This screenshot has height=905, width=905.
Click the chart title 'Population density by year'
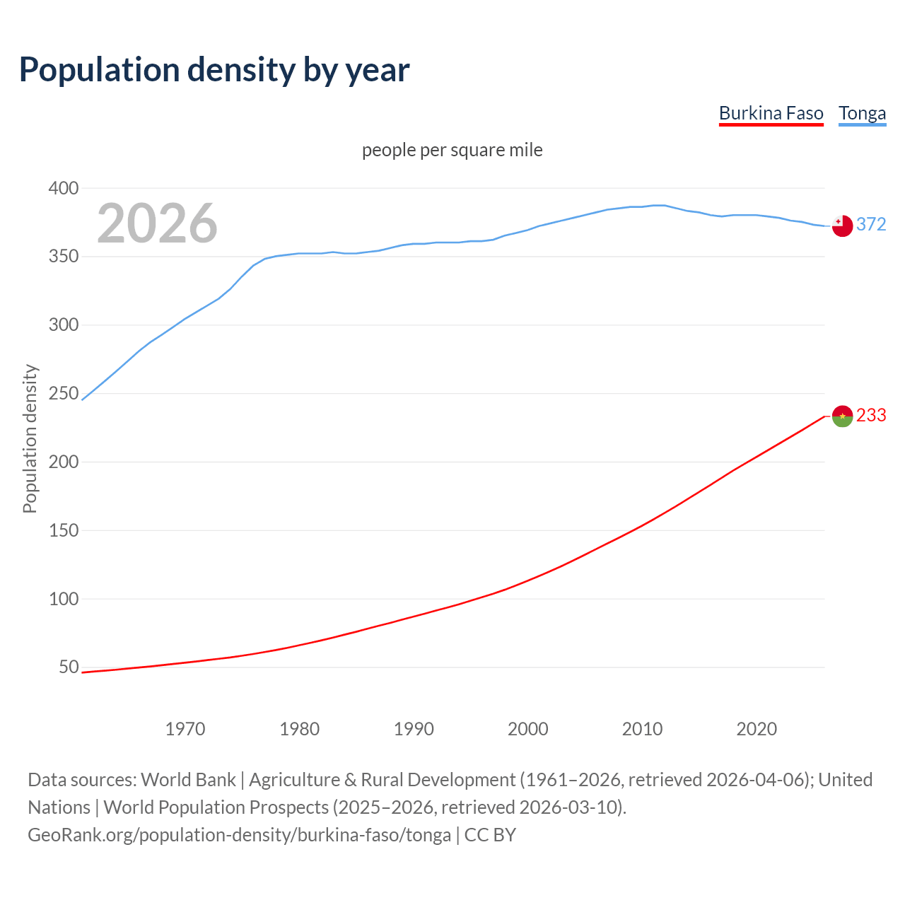click(214, 69)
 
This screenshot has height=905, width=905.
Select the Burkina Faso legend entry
click(771, 113)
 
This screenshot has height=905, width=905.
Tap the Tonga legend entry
click(862, 113)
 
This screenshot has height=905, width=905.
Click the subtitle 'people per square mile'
click(452, 150)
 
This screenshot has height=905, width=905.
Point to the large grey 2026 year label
click(157, 223)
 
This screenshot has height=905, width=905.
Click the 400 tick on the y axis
click(63, 188)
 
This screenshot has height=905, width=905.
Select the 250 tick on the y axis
click(63, 393)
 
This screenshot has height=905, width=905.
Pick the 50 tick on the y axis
click(68, 667)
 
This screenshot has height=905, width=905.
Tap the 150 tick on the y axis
click(63, 530)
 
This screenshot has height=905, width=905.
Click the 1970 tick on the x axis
click(185, 729)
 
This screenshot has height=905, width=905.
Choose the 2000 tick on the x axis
click(528, 729)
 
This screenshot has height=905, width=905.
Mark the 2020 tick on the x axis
click(757, 729)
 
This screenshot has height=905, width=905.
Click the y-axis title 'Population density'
click(30, 438)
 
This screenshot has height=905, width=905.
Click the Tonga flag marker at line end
click(842, 226)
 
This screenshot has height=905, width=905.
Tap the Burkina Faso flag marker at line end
click(842, 416)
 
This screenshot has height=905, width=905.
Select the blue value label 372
click(871, 224)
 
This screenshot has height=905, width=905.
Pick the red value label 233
click(871, 415)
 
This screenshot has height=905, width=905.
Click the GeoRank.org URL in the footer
click(239, 835)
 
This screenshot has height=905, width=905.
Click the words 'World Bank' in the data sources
click(188, 780)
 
